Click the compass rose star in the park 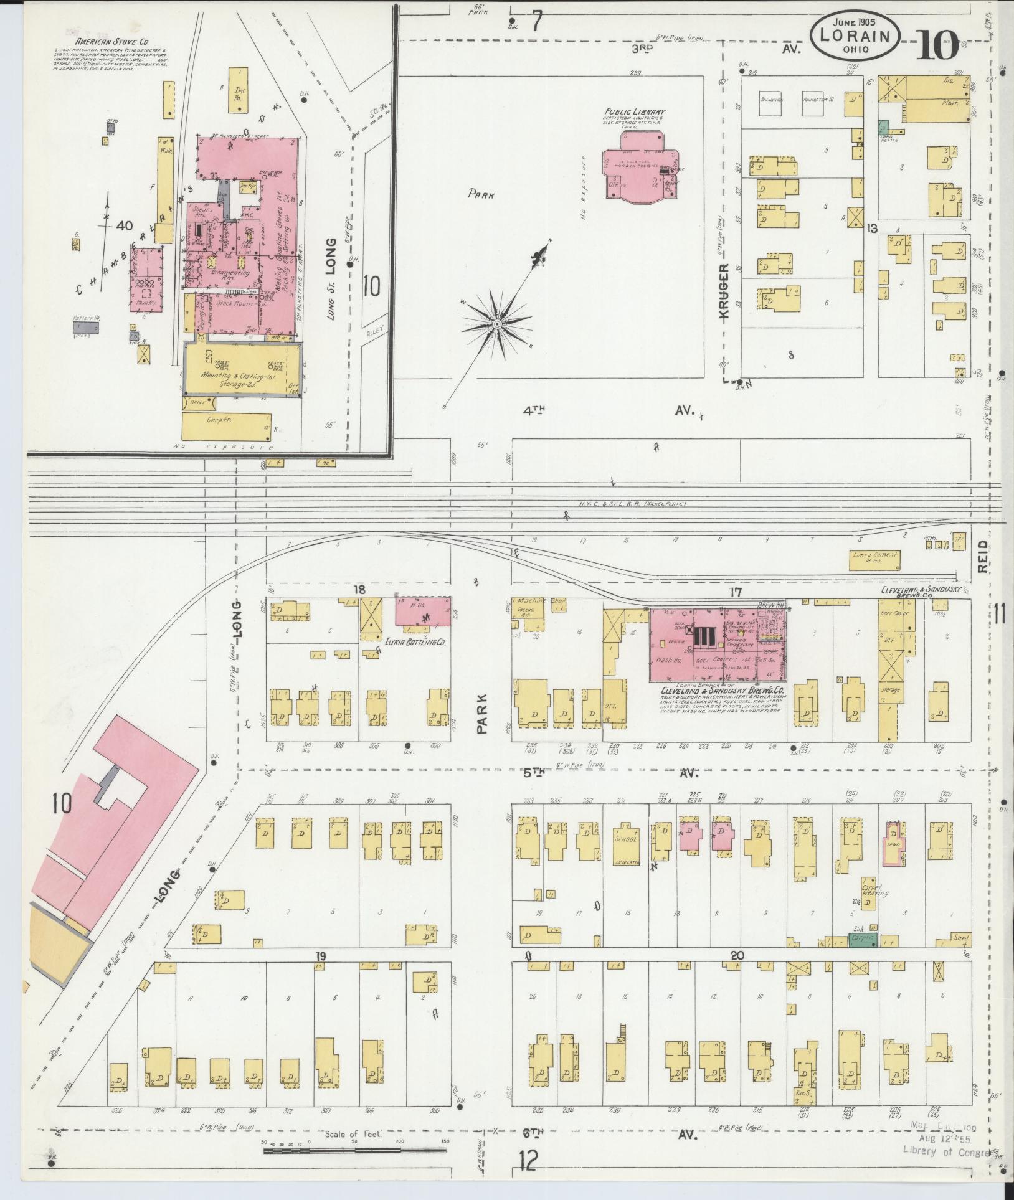tap(496, 324)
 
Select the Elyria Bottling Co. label tap(414, 639)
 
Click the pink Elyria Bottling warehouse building tap(424, 612)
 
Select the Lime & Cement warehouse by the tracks tap(875, 560)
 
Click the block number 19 tap(321, 973)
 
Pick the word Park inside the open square tap(482, 194)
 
